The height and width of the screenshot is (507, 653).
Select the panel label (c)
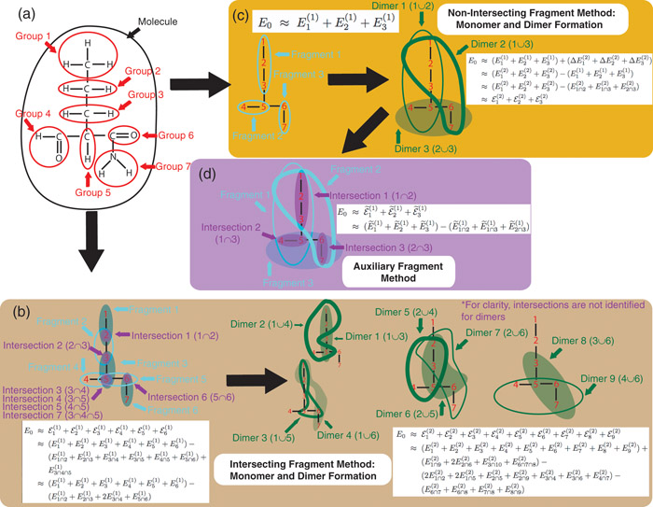pos(237,16)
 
